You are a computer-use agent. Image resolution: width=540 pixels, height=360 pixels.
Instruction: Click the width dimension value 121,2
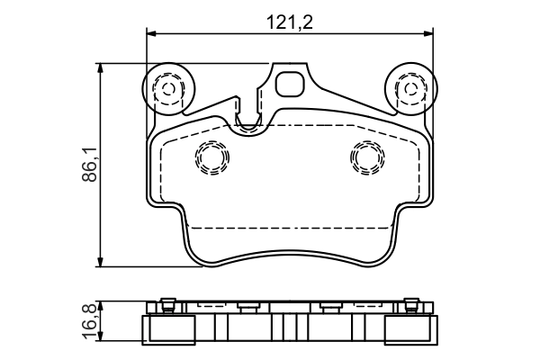click(x=290, y=22)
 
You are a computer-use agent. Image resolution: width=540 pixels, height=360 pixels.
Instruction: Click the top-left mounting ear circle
click(x=166, y=88)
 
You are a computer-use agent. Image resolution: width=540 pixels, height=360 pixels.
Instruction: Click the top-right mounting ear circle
click(x=410, y=88)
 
